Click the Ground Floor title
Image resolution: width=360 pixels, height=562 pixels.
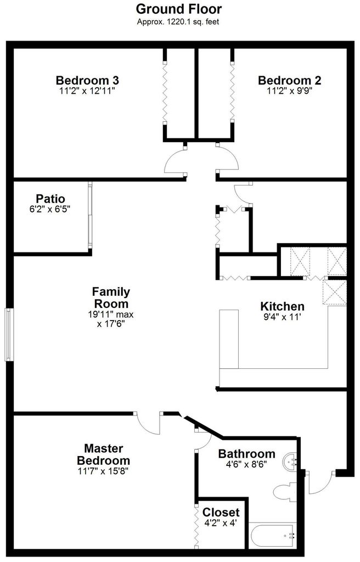pyautogui.click(x=178, y=9)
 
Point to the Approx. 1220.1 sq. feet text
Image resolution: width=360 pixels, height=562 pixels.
pyautogui.click(x=178, y=22)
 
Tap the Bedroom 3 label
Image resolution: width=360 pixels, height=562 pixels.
pyautogui.click(x=87, y=80)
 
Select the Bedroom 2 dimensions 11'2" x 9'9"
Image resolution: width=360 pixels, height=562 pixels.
pyautogui.click(x=289, y=91)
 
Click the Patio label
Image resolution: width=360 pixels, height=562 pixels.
pyautogui.click(x=50, y=199)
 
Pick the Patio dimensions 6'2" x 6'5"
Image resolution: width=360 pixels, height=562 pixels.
pyautogui.click(x=49, y=209)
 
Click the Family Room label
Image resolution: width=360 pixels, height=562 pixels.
pyautogui.click(x=111, y=297)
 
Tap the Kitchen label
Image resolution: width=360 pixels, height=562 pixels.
pyautogui.click(x=282, y=306)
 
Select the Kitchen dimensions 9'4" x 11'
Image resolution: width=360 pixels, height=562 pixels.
pyautogui.click(x=282, y=317)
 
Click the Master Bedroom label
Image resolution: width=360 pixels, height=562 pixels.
pyautogui.click(x=103, y=454)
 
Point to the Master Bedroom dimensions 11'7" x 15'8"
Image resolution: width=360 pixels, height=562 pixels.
pyautogui.click(x=103, y=471)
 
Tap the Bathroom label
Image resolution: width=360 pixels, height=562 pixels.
pyautogui.click(x=247, y=454)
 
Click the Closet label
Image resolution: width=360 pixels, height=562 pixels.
pyautogui.click(x=221, y=512)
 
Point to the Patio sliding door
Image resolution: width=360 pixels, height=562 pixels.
pyautogui.click(x=90, y=215)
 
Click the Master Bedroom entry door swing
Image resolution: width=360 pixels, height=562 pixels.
pyautogui.click(x=148, y=424)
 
